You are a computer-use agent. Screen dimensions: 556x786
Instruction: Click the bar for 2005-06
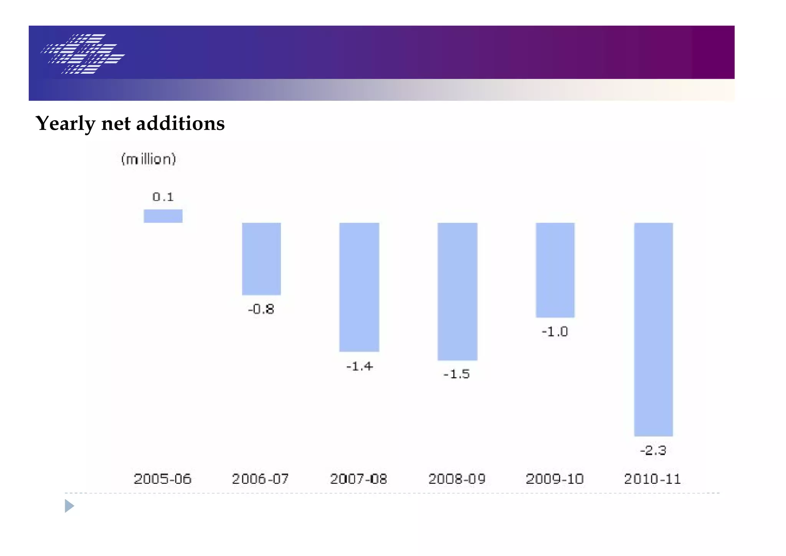pos(163,216)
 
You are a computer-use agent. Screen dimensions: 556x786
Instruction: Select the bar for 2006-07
pos(261,259)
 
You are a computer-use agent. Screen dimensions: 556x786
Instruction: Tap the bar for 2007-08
pos(359,287)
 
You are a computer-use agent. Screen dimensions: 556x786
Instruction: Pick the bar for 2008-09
pos(457,291)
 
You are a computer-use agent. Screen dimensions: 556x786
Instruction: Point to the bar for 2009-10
pos(555,270)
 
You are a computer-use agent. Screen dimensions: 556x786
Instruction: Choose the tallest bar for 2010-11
pos(654,329)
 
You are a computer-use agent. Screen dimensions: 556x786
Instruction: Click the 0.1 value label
pos(163,197)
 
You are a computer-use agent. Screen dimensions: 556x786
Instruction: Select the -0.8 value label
pos(261,309)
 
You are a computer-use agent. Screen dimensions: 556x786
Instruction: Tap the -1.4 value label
pos(360,366)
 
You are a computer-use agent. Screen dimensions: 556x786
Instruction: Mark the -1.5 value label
pos(457,374)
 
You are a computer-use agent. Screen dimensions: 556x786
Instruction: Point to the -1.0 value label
pos(555,332)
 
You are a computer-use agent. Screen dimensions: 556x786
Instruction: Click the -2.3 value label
pos(653,450)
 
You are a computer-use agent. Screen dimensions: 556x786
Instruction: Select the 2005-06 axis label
pos(162,479)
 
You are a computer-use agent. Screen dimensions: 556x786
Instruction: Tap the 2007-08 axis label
pos(358,479)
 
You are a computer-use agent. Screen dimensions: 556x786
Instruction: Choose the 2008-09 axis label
pos(457,479)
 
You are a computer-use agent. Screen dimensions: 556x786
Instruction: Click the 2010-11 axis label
pos(652,479)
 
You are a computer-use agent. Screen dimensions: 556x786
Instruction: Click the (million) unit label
pos(149,159)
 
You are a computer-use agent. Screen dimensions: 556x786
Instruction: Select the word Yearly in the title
pos(65,124)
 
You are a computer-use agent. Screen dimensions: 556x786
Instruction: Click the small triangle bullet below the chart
pos(69,506)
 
